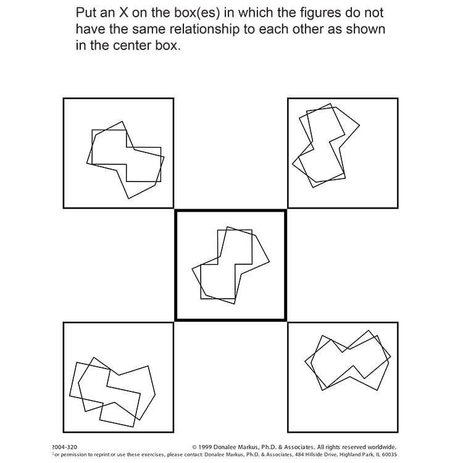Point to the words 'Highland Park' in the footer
[x=346, y=455]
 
